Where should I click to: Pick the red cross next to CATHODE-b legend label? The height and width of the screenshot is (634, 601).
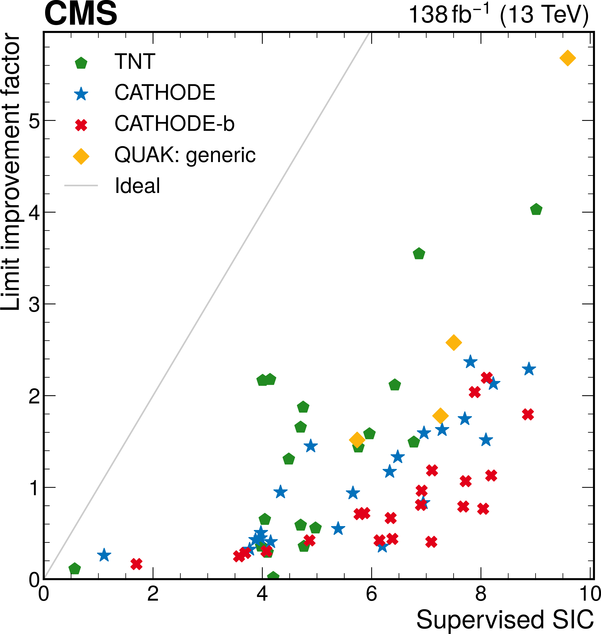(81, 125)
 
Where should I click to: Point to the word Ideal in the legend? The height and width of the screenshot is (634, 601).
(137, 186)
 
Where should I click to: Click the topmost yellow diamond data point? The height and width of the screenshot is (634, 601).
(567, 58)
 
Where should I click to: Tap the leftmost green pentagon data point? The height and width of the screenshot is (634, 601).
(75, 568)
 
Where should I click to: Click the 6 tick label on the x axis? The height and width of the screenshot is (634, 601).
(371, 594)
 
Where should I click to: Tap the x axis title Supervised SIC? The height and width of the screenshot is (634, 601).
(505, 620)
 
